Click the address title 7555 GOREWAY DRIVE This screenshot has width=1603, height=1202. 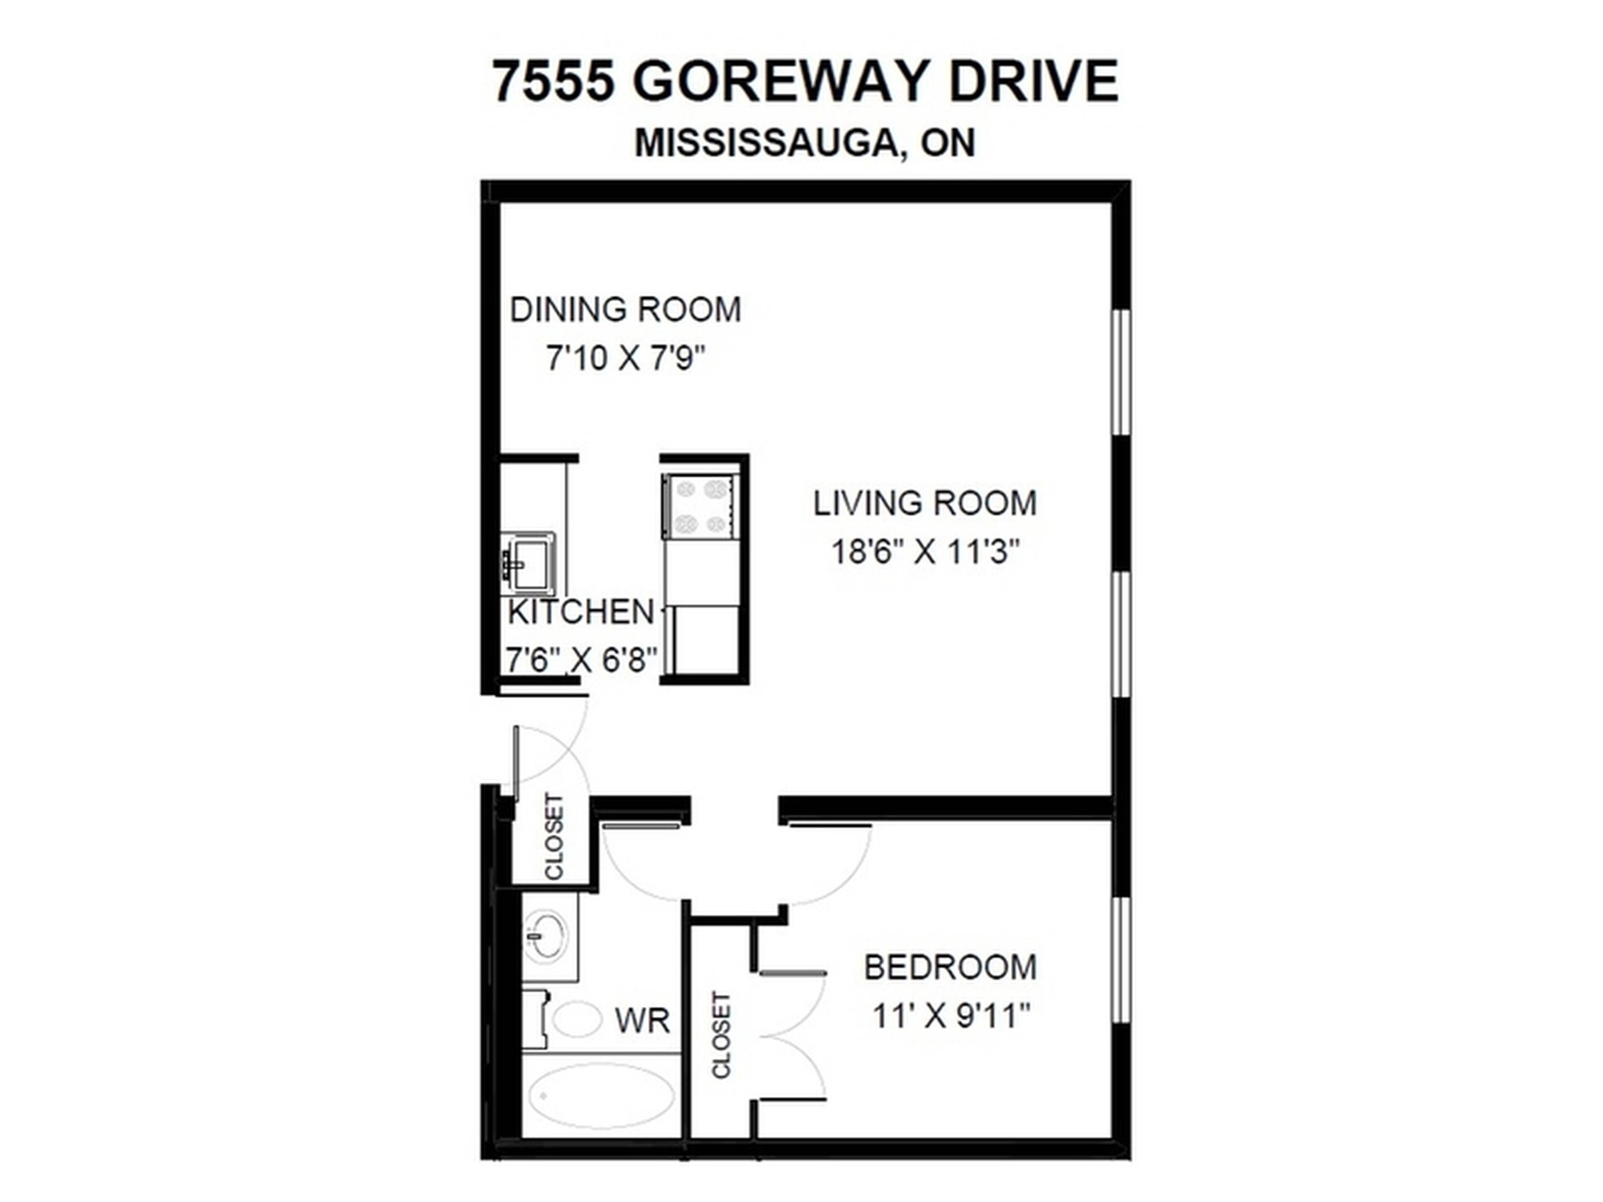[805, 81]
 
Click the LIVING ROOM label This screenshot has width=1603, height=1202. [925, 504]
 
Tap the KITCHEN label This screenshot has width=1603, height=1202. [581, 612]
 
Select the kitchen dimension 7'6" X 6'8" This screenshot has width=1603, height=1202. [581, 660]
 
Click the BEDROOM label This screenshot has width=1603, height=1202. [950, 968]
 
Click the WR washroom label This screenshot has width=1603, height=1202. [642, 1021]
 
